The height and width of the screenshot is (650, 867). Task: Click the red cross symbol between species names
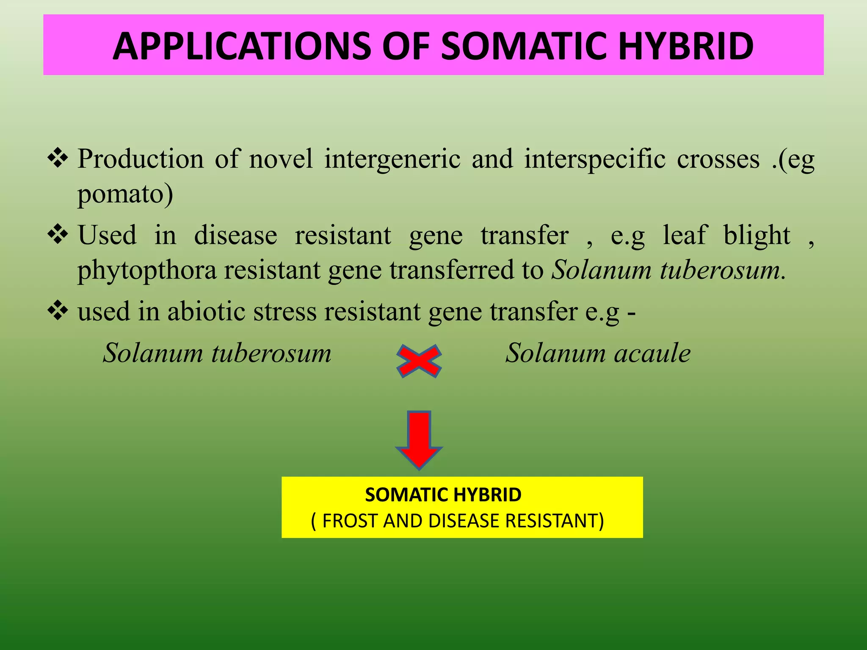(x=419, y=361)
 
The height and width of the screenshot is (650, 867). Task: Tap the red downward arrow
(x=419, y=440)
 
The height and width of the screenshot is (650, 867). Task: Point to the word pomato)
(x=125, y=194)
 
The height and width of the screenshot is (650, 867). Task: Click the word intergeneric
(x=392, y=159)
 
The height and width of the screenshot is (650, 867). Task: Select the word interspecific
(x=595, y=159)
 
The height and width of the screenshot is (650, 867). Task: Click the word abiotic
(x=207, y=312)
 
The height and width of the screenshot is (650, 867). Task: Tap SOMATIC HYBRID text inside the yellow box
(x=443, y=495)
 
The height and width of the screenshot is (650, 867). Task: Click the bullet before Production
(x=58, y=158)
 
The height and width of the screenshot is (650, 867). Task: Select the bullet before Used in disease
(x=58, y=234)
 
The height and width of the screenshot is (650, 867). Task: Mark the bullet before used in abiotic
(x=58, y=311)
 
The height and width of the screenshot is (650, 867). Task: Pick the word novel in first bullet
(x=281, y=159)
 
